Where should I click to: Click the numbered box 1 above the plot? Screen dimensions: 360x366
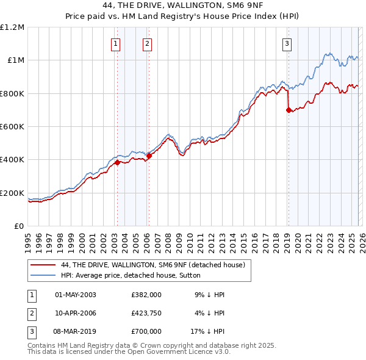coord(115,43)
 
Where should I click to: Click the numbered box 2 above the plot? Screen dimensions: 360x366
coord(147,43)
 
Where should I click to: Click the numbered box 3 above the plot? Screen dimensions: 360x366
coord(287,43)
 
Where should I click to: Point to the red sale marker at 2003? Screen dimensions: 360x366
coord(117,162)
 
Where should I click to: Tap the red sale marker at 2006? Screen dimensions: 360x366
coord(149,156)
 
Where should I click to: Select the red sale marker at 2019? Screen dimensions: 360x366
coord(289,110)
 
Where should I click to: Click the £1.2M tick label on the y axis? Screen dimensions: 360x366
coord(12,27)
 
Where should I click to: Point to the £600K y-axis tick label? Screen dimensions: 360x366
coord(12,127)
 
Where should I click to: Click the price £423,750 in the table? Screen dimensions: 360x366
coord(146,313)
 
